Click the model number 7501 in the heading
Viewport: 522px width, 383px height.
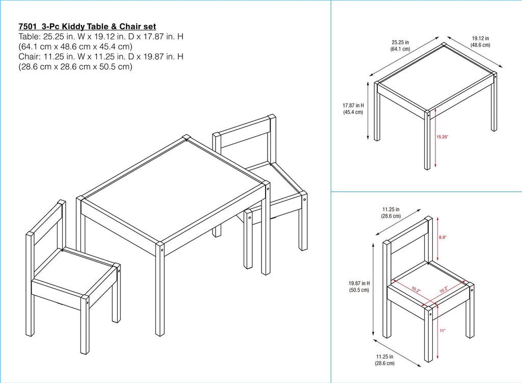click(x=28, y=26)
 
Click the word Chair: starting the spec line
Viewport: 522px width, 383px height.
click(x=30, y=57)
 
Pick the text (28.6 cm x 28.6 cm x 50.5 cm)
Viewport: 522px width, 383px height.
click(x=75, y=67)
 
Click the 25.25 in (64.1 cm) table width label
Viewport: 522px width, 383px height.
click(x=401, y=45)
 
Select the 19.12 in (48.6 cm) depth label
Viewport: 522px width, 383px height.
click(x=480, y=41)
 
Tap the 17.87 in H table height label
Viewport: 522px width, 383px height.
click(x=353, y=109)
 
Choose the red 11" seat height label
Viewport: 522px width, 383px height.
click(x=442, y=331)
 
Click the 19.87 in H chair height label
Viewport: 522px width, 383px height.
click(x=359, y=286)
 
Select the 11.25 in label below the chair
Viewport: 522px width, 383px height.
click(x=385, y=360)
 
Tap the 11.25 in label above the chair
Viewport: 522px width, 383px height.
click(x=391, y=212)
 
